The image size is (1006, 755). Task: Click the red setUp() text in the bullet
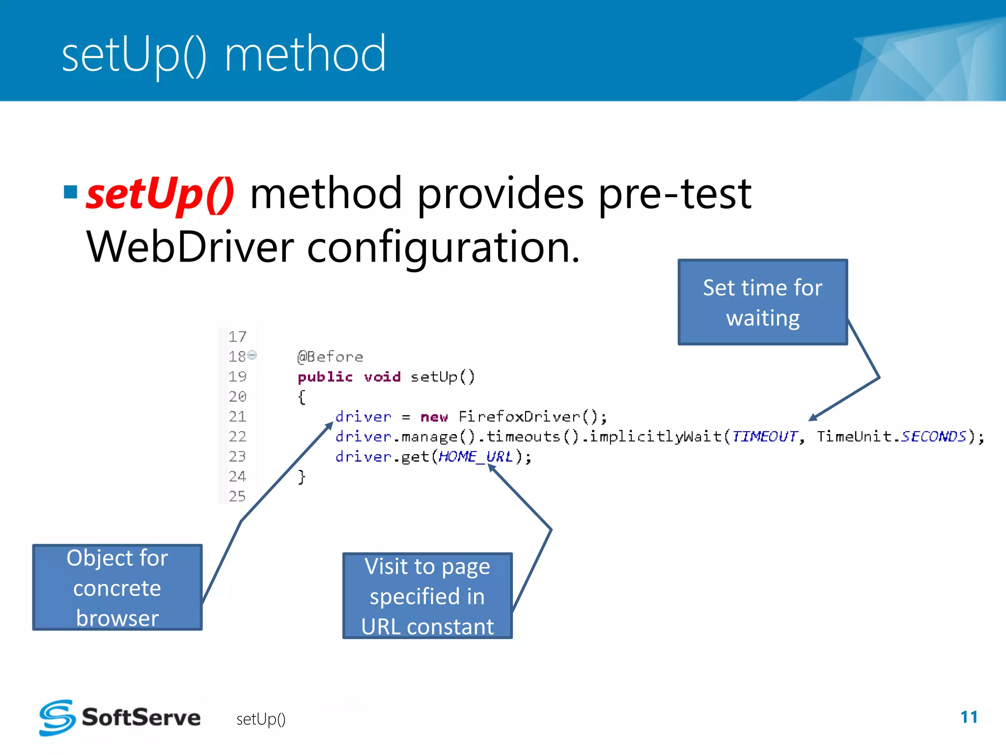pos(160,195)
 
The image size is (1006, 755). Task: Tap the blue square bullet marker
pos(71,192)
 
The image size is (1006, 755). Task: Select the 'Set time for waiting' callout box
pos(762,302)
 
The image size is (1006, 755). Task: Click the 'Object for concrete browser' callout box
pos(117,587)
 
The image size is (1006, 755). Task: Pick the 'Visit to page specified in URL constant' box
pos(427,596)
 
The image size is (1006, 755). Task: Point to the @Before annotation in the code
pos(330,357)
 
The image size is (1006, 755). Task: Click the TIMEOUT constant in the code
pos(764,436)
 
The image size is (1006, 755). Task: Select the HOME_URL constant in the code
pos(475,457)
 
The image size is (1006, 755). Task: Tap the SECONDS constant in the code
pos(933,436)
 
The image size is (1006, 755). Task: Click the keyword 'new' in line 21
pos(434,417)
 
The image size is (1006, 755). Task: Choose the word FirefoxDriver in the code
pos(519,417)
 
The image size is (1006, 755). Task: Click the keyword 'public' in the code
pos(325,377)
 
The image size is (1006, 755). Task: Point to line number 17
pos(237,337)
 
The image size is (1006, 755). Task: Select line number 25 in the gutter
pos(237,496)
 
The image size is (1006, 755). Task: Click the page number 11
pos(969,717)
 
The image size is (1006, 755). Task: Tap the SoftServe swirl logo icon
pos(57,718)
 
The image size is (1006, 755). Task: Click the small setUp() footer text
pos(261,719)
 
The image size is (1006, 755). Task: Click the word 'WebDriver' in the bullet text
pos(190,247)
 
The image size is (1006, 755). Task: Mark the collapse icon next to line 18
pos(252,355)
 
